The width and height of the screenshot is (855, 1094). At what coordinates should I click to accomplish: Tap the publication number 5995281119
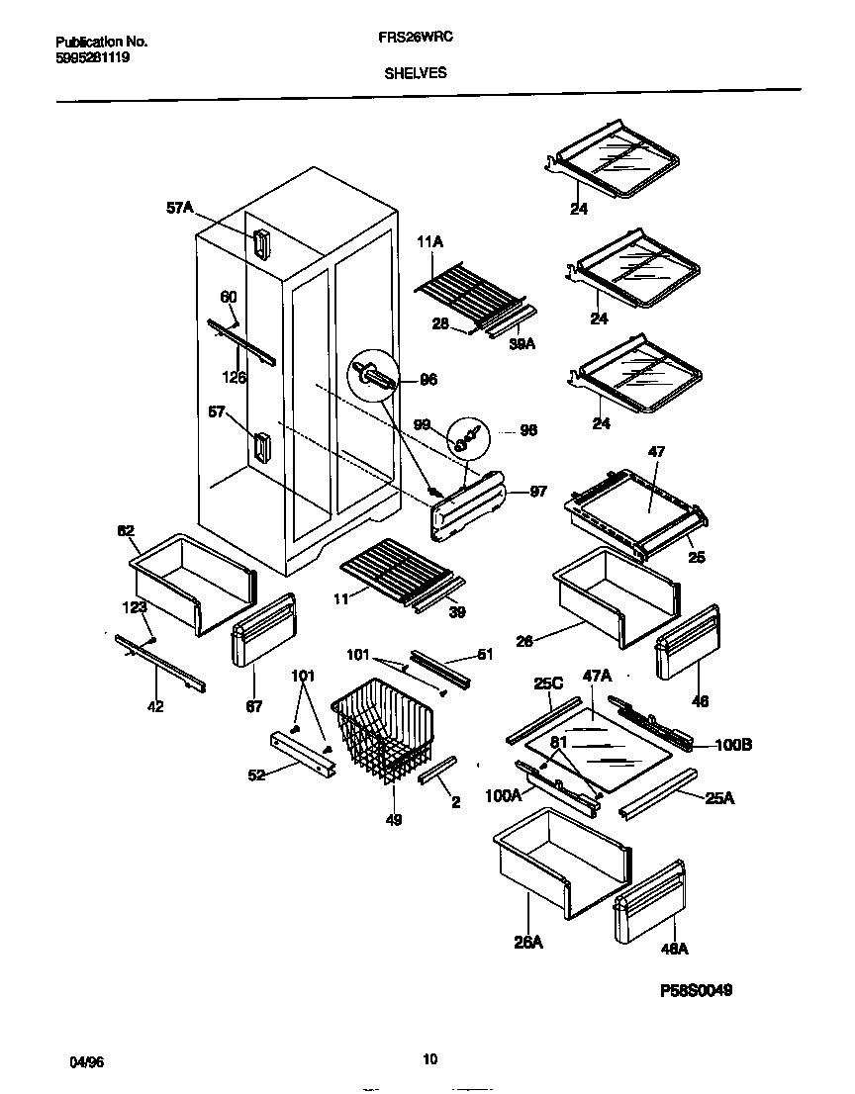pos(92,57)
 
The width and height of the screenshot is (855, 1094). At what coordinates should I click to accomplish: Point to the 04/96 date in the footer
pos(86,1061)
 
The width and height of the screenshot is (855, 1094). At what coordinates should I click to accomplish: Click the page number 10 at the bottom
pos(428,1059)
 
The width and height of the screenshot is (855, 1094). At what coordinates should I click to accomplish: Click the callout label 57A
pos(179,209)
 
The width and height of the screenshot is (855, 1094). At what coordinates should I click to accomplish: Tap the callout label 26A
pos(528,943)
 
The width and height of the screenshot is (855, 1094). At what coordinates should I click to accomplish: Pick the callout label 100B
pos(733,745)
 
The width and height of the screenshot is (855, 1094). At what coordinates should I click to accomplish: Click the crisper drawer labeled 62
pos(190,584)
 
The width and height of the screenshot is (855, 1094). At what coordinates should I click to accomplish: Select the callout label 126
pos(234,377)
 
